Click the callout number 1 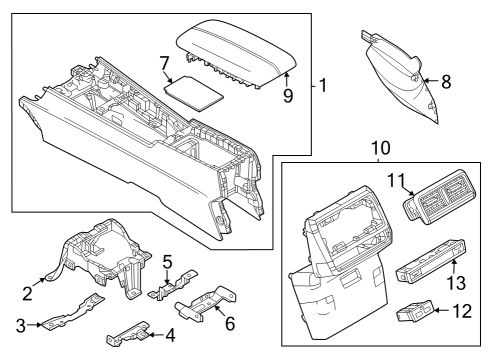click(323, 85)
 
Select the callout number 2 click(27, 294)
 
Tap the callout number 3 click(21, 325)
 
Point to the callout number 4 click(170, 335)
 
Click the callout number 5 click(167, 262)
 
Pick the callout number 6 click(230, 323)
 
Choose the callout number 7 click(165, 63)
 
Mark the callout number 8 click(446, 82)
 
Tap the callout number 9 click(288, 96)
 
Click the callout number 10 click(380, 148)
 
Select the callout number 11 click(396, 180)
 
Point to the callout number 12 click(462, 311)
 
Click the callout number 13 click(456, 283)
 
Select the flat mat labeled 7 click(193, 93)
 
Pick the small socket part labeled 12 click(415, 311)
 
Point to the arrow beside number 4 click(156, 335)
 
